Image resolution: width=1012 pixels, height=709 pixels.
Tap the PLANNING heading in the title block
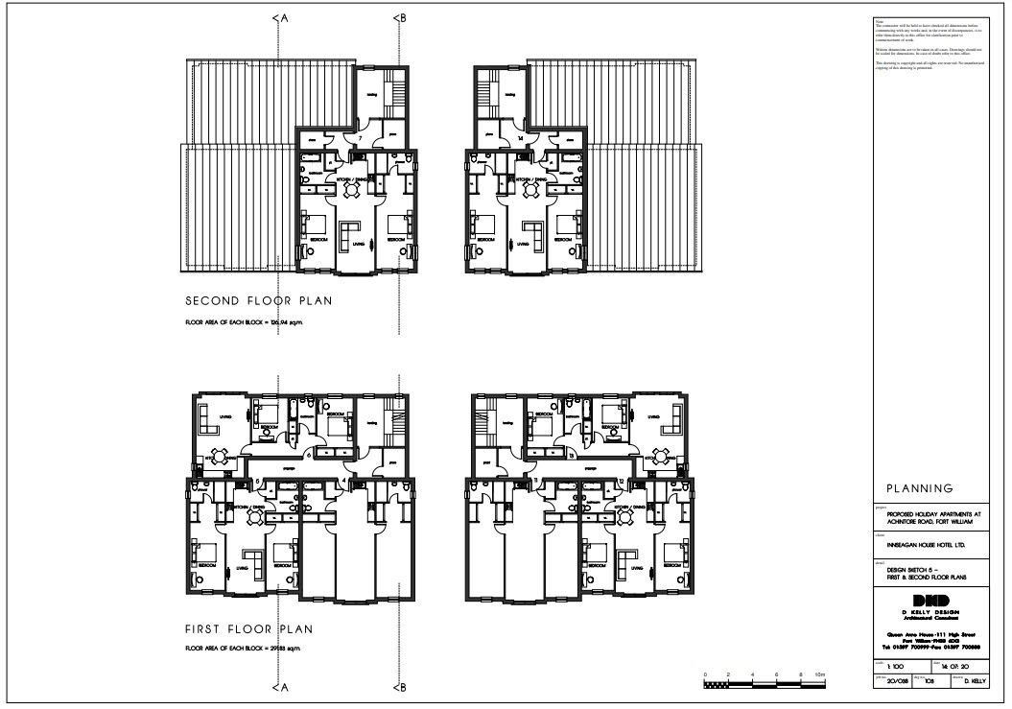coord(919,488)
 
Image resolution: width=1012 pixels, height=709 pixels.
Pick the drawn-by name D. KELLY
coord(975,681)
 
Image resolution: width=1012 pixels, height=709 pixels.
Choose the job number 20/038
coord(884,681)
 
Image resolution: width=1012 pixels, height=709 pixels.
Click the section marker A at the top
coord(278,17)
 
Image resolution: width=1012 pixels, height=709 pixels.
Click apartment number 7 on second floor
coord(359,140)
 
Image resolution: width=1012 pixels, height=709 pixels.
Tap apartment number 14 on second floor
coord(518,140)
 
